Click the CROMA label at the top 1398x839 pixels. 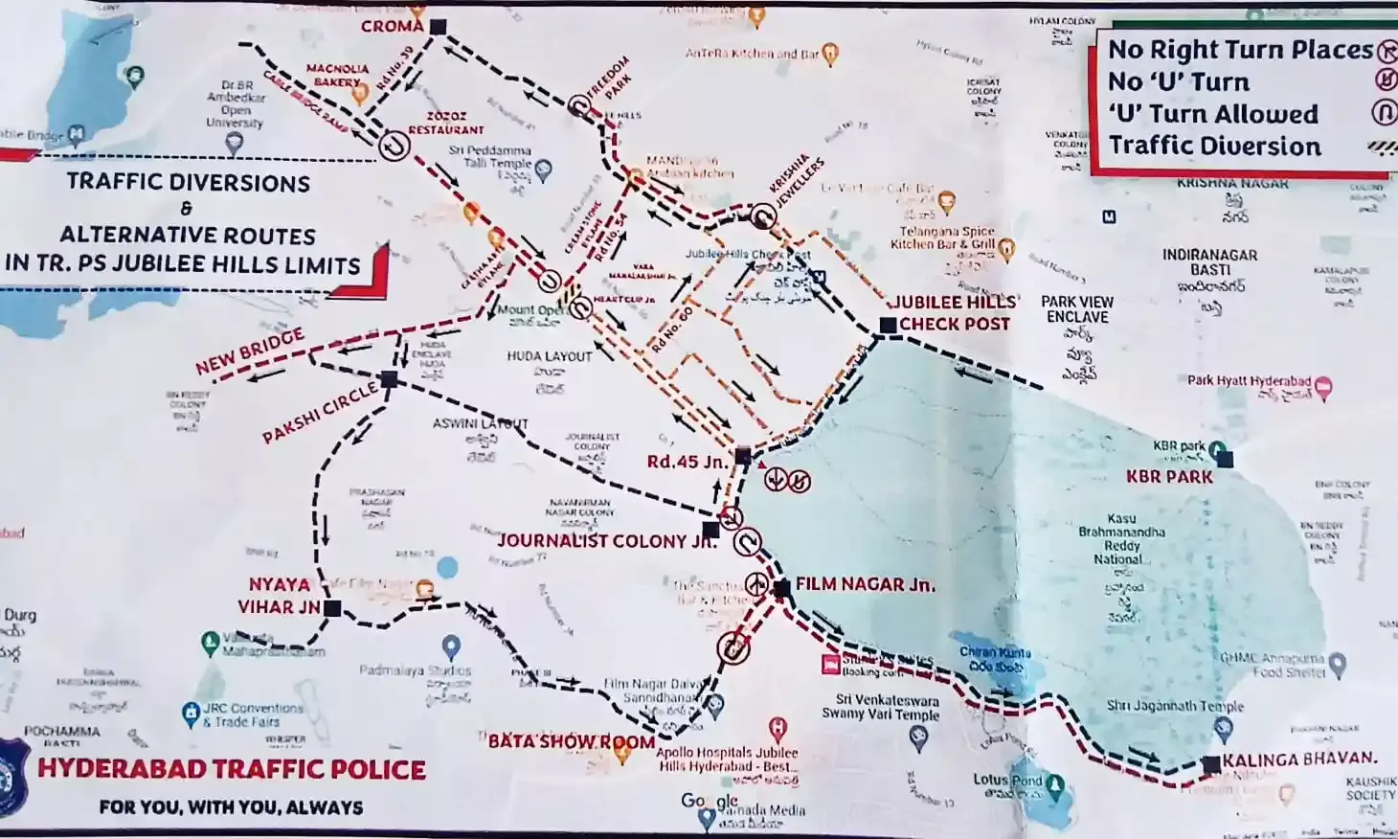click(392, 26)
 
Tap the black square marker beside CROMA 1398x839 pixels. click(438, 27)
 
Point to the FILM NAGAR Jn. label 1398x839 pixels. click(865, 584)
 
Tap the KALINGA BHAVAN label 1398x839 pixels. click(1299, 760)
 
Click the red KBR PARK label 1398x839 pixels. click(1169, 477)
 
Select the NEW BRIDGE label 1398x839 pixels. click(250, 351)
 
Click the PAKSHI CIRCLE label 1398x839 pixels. click(320, 413)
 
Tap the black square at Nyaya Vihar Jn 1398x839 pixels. click(332, 608)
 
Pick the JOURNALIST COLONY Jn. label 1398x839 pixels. click(606, 541)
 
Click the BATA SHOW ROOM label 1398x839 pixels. click(572, 741)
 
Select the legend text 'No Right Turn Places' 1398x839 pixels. click(1240, 50)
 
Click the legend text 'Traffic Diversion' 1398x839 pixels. click(1214, 147)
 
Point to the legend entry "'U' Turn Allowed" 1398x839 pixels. click(1213, 114)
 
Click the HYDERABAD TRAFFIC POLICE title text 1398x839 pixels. click(232, 769)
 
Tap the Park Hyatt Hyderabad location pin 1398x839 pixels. click(1323, 387)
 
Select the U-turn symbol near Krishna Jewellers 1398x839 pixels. click(762, 215)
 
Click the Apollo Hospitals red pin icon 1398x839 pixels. click(778, 728)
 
